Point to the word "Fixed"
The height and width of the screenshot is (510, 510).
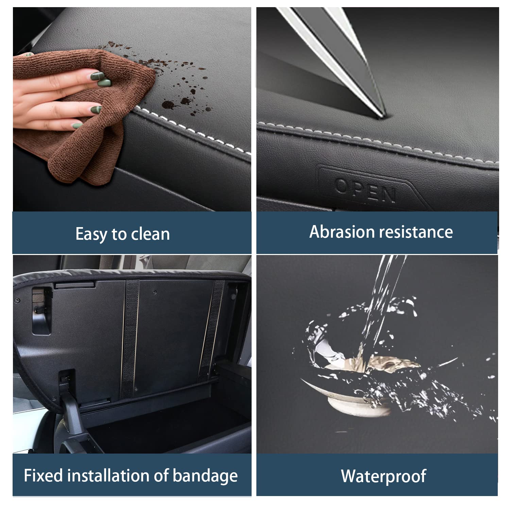pyautogui.click(x=43, y=475)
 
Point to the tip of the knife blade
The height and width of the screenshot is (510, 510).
pyautogui.click(x=384, y=116)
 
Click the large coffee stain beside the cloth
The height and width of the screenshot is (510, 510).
pyautogui.click(x=167, y=104)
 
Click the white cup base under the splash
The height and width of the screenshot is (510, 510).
pyautogui.click(x=359, y=406)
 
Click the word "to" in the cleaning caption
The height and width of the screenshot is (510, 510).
pyautogui.click(x=119, y=235)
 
